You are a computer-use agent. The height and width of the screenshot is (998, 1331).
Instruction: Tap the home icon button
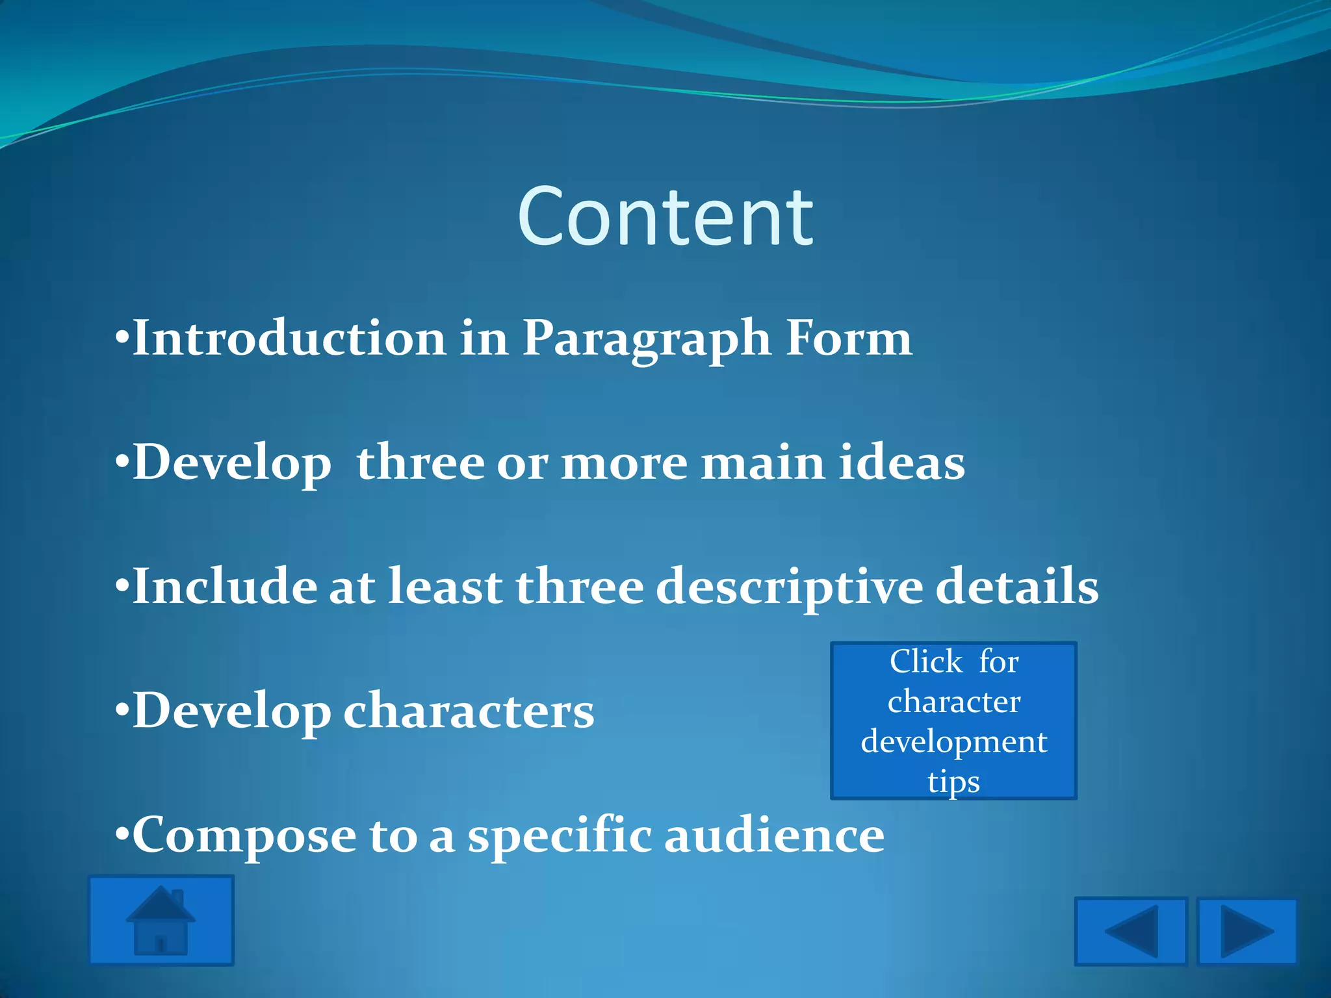pyautogui.click(x=161, y=920)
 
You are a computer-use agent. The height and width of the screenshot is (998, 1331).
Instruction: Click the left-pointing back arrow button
pyautogui.click(x=1131, y=931)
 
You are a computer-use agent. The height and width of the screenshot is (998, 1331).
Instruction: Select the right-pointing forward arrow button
pyautogui.click(x=1247, y=931)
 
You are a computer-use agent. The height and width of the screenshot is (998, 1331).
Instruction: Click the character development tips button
pyautogui.click(x=953, y=721)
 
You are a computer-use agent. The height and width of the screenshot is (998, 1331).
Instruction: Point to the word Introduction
pyautogui.click(x=289, y=338)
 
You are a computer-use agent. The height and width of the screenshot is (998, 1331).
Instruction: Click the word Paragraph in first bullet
pyautogui.click(x=647, y=339)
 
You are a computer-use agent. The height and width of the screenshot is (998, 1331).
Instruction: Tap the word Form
pyautogui.click(x=848, y=338)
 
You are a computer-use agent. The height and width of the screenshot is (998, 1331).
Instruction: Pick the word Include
pyautogui.click(x=224, y=586)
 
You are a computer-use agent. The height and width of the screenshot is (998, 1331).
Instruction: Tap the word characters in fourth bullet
pyautogui.click(x=468, y=711)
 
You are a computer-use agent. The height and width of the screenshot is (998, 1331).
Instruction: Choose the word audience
pyautogui.click(x=774, y=835)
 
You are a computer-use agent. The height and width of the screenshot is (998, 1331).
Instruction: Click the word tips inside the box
pyautogui.click(x=953, y=781)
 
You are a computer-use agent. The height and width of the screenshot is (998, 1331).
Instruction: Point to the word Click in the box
pyautogui.click(x=925, y=661)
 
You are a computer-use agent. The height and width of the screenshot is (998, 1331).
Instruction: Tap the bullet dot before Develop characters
pyautogui.click(x=122, y=710)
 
